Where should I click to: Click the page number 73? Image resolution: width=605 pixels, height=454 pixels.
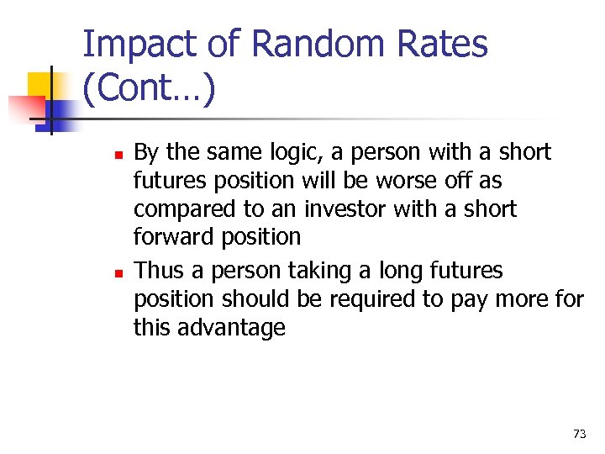579,434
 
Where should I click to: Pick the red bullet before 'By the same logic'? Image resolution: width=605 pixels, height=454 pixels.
118,155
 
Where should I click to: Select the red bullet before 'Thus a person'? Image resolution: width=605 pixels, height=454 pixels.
118,273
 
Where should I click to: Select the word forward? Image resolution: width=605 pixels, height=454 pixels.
174,238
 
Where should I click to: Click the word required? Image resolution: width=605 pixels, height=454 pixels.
373,299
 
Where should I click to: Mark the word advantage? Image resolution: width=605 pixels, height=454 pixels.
233,328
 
